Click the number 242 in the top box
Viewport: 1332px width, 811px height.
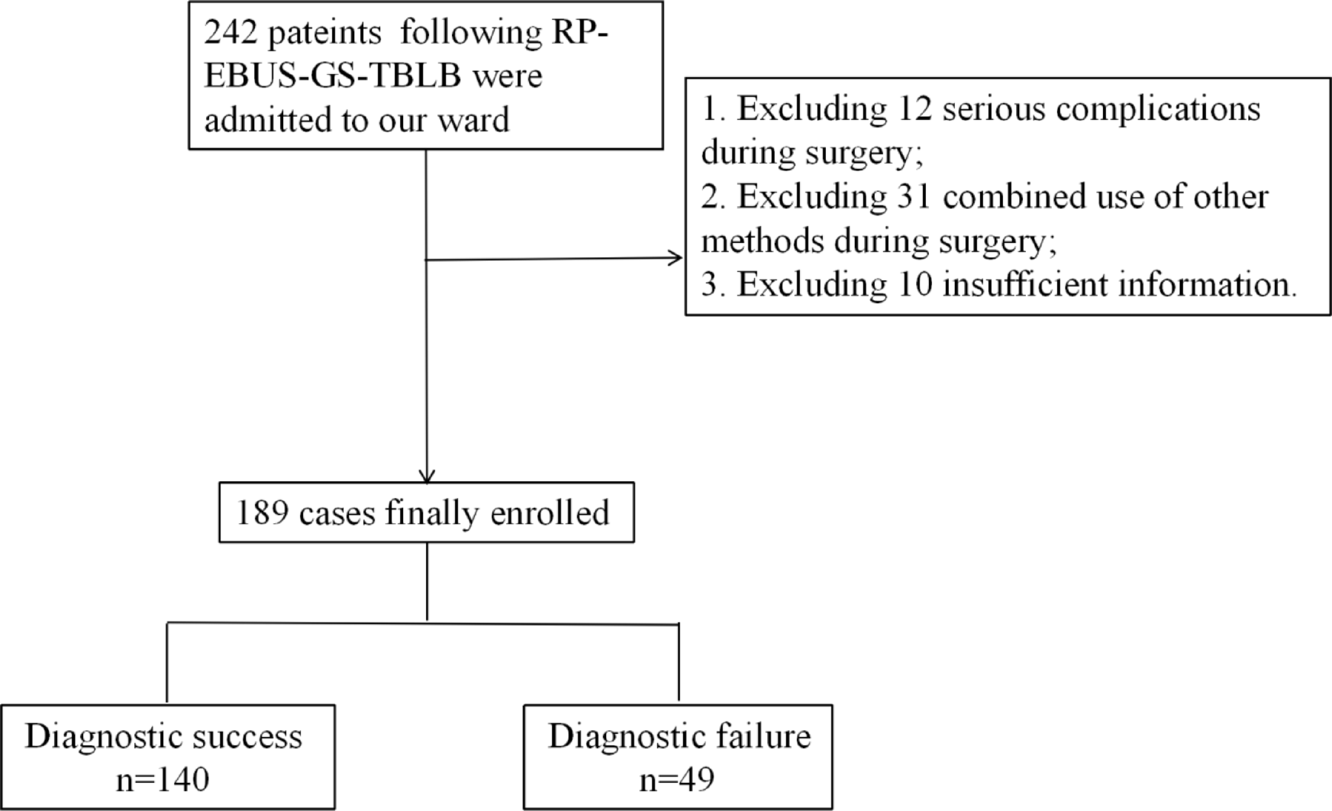230,33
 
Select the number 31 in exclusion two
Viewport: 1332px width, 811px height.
914,197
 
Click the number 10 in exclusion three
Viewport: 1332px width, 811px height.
914,285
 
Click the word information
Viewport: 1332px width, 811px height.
1207,285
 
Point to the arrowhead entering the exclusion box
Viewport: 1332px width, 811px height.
676,258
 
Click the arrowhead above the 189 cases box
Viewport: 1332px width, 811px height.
427,476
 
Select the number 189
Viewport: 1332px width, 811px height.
262,513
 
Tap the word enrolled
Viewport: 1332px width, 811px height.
550,513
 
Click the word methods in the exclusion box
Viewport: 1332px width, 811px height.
763,241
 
